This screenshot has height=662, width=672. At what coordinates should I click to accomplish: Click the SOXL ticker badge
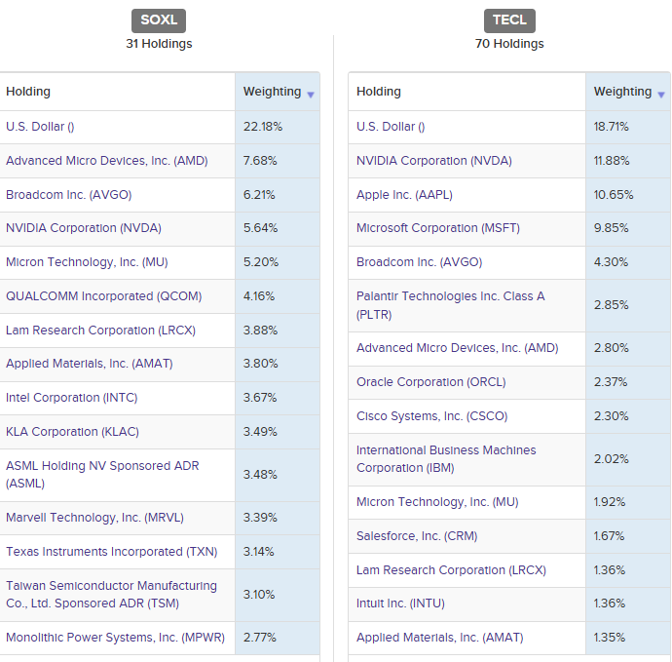159,20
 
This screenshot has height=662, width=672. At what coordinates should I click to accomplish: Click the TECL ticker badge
509,20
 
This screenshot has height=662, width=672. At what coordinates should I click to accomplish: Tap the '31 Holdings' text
159,44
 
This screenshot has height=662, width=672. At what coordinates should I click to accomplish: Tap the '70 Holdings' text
509,44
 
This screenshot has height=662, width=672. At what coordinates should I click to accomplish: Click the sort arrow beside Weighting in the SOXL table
311,95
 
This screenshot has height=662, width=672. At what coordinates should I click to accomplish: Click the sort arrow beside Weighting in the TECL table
661,95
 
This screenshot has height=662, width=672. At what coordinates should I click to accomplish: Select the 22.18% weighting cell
263,127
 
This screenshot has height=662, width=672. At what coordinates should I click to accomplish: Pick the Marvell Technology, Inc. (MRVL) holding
94,518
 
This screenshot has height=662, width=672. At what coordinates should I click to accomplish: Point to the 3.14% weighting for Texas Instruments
259,552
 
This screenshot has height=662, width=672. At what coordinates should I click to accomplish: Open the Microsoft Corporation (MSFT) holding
438,228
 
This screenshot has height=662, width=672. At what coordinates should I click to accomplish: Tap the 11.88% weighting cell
613,161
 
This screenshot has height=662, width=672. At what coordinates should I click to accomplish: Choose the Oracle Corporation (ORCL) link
430,382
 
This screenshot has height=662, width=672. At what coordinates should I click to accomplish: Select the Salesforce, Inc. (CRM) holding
417,536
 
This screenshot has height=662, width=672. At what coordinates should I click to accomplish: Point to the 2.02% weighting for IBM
612,459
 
